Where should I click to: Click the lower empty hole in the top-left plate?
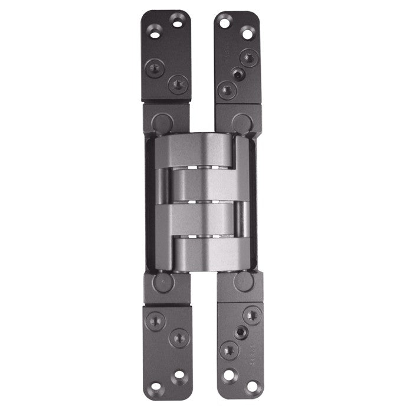(x=155, y=34)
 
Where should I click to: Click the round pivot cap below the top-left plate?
(x=161, y=123)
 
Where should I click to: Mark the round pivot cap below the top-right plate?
(x=241, y=123)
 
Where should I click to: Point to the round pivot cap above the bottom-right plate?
(x=243, y=282)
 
